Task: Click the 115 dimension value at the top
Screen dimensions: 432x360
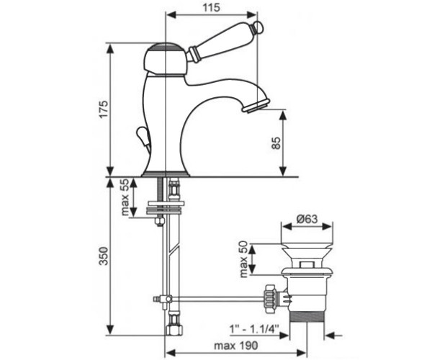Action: (212, 7)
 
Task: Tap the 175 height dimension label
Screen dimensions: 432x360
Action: (104, 109)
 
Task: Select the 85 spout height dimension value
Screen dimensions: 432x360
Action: (276, 143)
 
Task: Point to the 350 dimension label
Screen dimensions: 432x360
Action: (104, 256)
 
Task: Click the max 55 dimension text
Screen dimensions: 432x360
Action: (125, 197)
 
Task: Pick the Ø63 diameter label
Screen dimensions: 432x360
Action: (307, 220)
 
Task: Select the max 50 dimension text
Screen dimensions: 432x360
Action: (244, 259)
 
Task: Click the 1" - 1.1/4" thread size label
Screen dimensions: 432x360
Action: (254, 328)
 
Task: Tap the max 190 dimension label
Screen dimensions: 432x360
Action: (236, 346)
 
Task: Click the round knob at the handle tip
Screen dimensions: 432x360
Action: (259, 27)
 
